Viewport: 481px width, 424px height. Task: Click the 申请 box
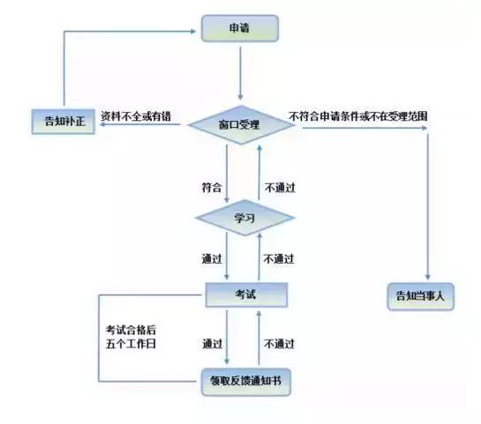(240, 28)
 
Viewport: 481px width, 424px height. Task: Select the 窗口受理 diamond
(241, 124)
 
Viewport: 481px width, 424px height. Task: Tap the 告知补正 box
(64, 122)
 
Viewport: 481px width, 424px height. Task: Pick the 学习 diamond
(244, 218)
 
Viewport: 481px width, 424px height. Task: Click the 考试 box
(246, 294)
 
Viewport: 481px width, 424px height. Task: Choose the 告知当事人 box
(421, 296)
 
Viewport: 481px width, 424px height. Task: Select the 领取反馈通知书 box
(246, 382)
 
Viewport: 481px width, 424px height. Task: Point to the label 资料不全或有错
(136, 116)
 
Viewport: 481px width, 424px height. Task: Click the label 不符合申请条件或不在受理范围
(358, 116)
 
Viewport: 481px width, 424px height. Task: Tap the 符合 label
(212, 188)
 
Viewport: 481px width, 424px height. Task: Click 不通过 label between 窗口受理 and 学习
(280, 188)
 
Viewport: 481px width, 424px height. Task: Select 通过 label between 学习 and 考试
(212, 259)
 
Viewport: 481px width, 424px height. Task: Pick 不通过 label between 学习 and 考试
(279, 259)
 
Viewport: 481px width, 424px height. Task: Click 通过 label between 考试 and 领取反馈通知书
(213, 344)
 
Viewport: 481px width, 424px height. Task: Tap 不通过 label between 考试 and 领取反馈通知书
(279, 344)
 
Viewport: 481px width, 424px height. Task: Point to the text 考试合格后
(131, 330)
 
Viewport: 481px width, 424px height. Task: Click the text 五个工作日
(131, 344)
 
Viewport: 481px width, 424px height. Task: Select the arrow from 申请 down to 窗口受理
(240, 73)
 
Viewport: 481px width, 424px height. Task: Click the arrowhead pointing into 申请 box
(193, 31)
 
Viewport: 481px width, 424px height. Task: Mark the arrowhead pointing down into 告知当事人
(428, 277)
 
